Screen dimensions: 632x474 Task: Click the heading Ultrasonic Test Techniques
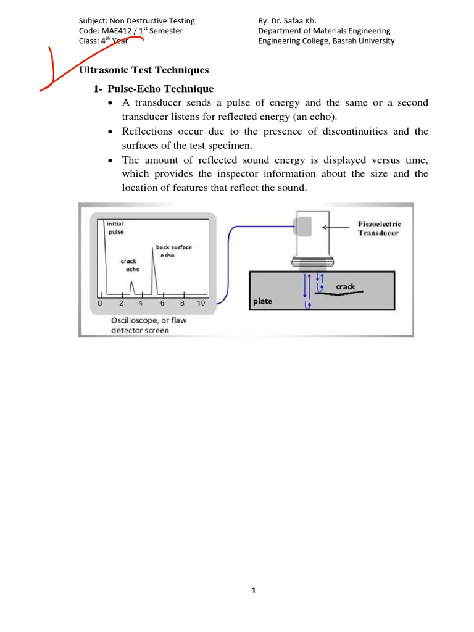point(144,70)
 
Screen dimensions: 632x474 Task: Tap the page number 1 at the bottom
point(253,590)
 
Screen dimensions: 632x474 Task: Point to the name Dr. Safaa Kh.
point(293,20)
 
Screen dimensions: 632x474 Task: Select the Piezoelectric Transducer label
point(379,228)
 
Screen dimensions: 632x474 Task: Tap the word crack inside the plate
point(345,286)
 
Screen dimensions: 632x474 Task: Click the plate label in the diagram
point(262,302)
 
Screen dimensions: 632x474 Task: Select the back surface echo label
point(173,251)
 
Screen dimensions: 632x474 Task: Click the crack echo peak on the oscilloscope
point(131,285)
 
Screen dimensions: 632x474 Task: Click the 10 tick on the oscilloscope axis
point(201,304)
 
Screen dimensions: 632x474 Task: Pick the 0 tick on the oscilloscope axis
point(101,304)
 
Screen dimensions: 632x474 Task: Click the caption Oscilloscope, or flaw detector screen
point(140,325)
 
